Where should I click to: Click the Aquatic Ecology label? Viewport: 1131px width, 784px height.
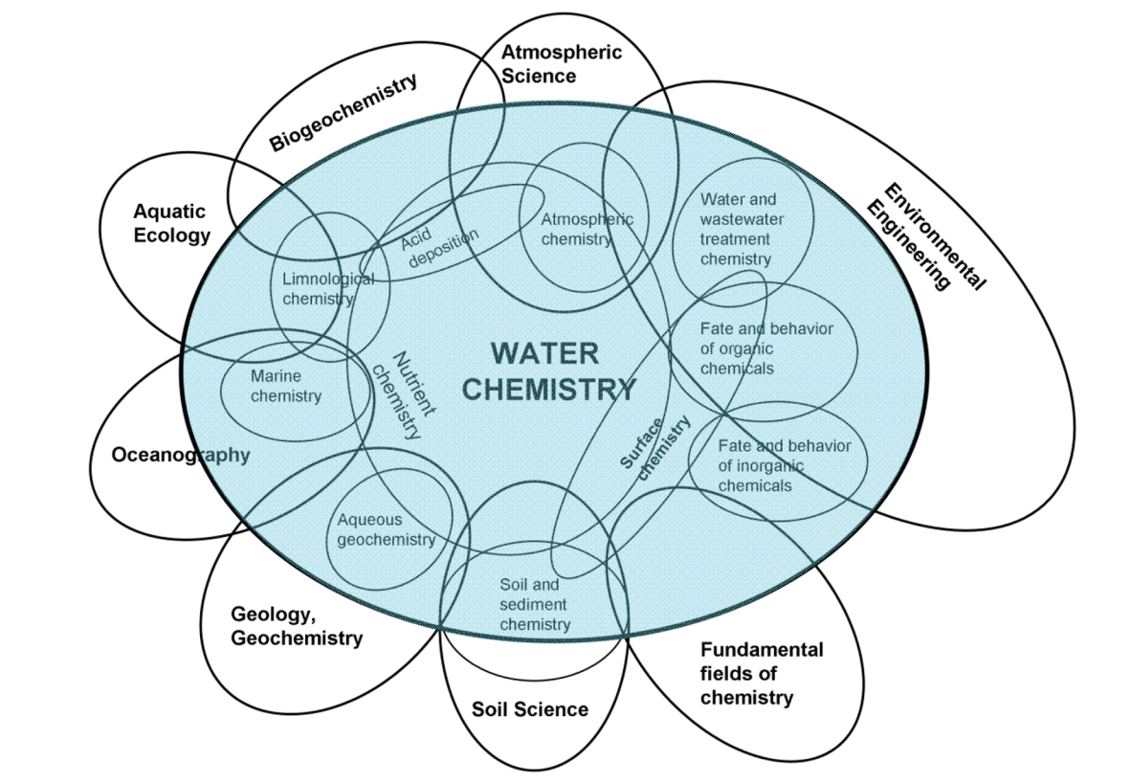coord(171,222)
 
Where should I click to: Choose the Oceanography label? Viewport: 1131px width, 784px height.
coord(181,455)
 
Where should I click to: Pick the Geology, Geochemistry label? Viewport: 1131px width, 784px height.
coord(297,625)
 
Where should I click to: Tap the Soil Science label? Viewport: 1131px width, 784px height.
coord(530,709)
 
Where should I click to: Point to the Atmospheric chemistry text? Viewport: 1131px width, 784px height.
coord(587,230)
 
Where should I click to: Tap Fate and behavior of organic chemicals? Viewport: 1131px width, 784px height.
coord(765,348)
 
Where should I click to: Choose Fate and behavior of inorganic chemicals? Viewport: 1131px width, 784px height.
coord(783,466)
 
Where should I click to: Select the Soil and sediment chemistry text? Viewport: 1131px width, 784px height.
coord(535,604)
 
